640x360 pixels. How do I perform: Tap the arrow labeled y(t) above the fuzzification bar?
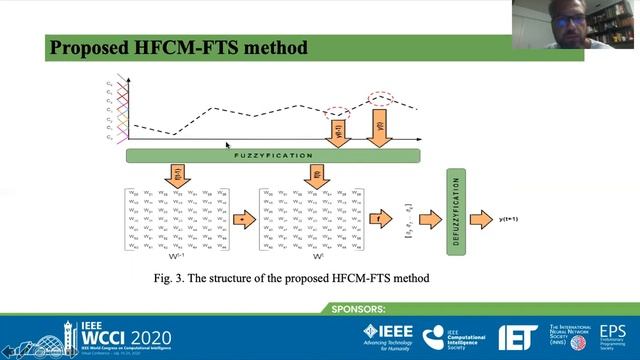pos(380,128)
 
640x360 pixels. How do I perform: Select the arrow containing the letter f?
pos(379,217)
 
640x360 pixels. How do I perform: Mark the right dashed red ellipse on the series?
pos(382,97)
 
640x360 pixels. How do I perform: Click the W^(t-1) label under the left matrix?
pos(177,256)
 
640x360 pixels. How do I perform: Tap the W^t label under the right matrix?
pos(315,256)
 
